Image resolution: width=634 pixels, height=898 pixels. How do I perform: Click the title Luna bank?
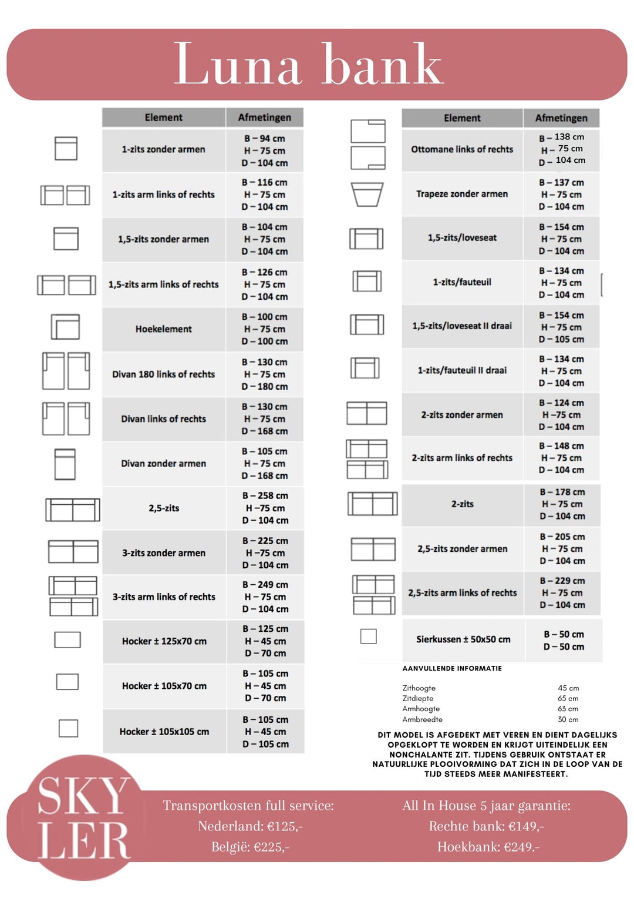click(x=308, y=64)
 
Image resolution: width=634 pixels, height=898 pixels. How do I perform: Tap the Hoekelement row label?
click(x=163, y=329)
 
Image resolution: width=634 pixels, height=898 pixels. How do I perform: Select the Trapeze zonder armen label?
click(x=462, y=194)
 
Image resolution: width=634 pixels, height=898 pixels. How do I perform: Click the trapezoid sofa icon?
click(x=367, y=195)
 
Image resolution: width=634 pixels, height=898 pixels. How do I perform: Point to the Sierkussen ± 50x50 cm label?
click(x=463, y=639)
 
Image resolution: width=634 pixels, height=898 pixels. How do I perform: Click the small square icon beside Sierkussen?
click(x=369, y=636)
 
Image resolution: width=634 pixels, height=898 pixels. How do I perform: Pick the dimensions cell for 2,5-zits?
click(x=265, y=508)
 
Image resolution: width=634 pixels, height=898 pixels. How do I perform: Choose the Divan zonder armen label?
click(x=163, y=464)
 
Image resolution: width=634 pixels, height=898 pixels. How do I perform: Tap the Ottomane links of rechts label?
click(x=462, y=149)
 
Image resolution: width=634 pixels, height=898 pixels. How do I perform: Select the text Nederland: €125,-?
click(x=250, y=826)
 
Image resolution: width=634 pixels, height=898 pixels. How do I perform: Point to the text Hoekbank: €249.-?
click(x=488, y=847)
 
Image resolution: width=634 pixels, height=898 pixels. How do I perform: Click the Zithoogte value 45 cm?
click(x=568, y=688)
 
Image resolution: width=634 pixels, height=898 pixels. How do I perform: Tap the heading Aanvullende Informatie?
click(x=452, y=668)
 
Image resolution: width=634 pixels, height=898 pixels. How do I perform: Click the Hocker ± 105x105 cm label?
click(x=164, y=732)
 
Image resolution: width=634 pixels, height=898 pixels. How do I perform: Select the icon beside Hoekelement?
click(x=65, y=327)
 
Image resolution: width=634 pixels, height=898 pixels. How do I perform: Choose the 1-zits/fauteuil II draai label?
click(x=462, y=370)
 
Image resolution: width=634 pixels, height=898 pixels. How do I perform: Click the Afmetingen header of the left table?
click(x=264, y=118)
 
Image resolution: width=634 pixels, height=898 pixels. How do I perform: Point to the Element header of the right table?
click(x=462, y=118)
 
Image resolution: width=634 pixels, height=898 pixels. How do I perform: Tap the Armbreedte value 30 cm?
click(x=568, y=719)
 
